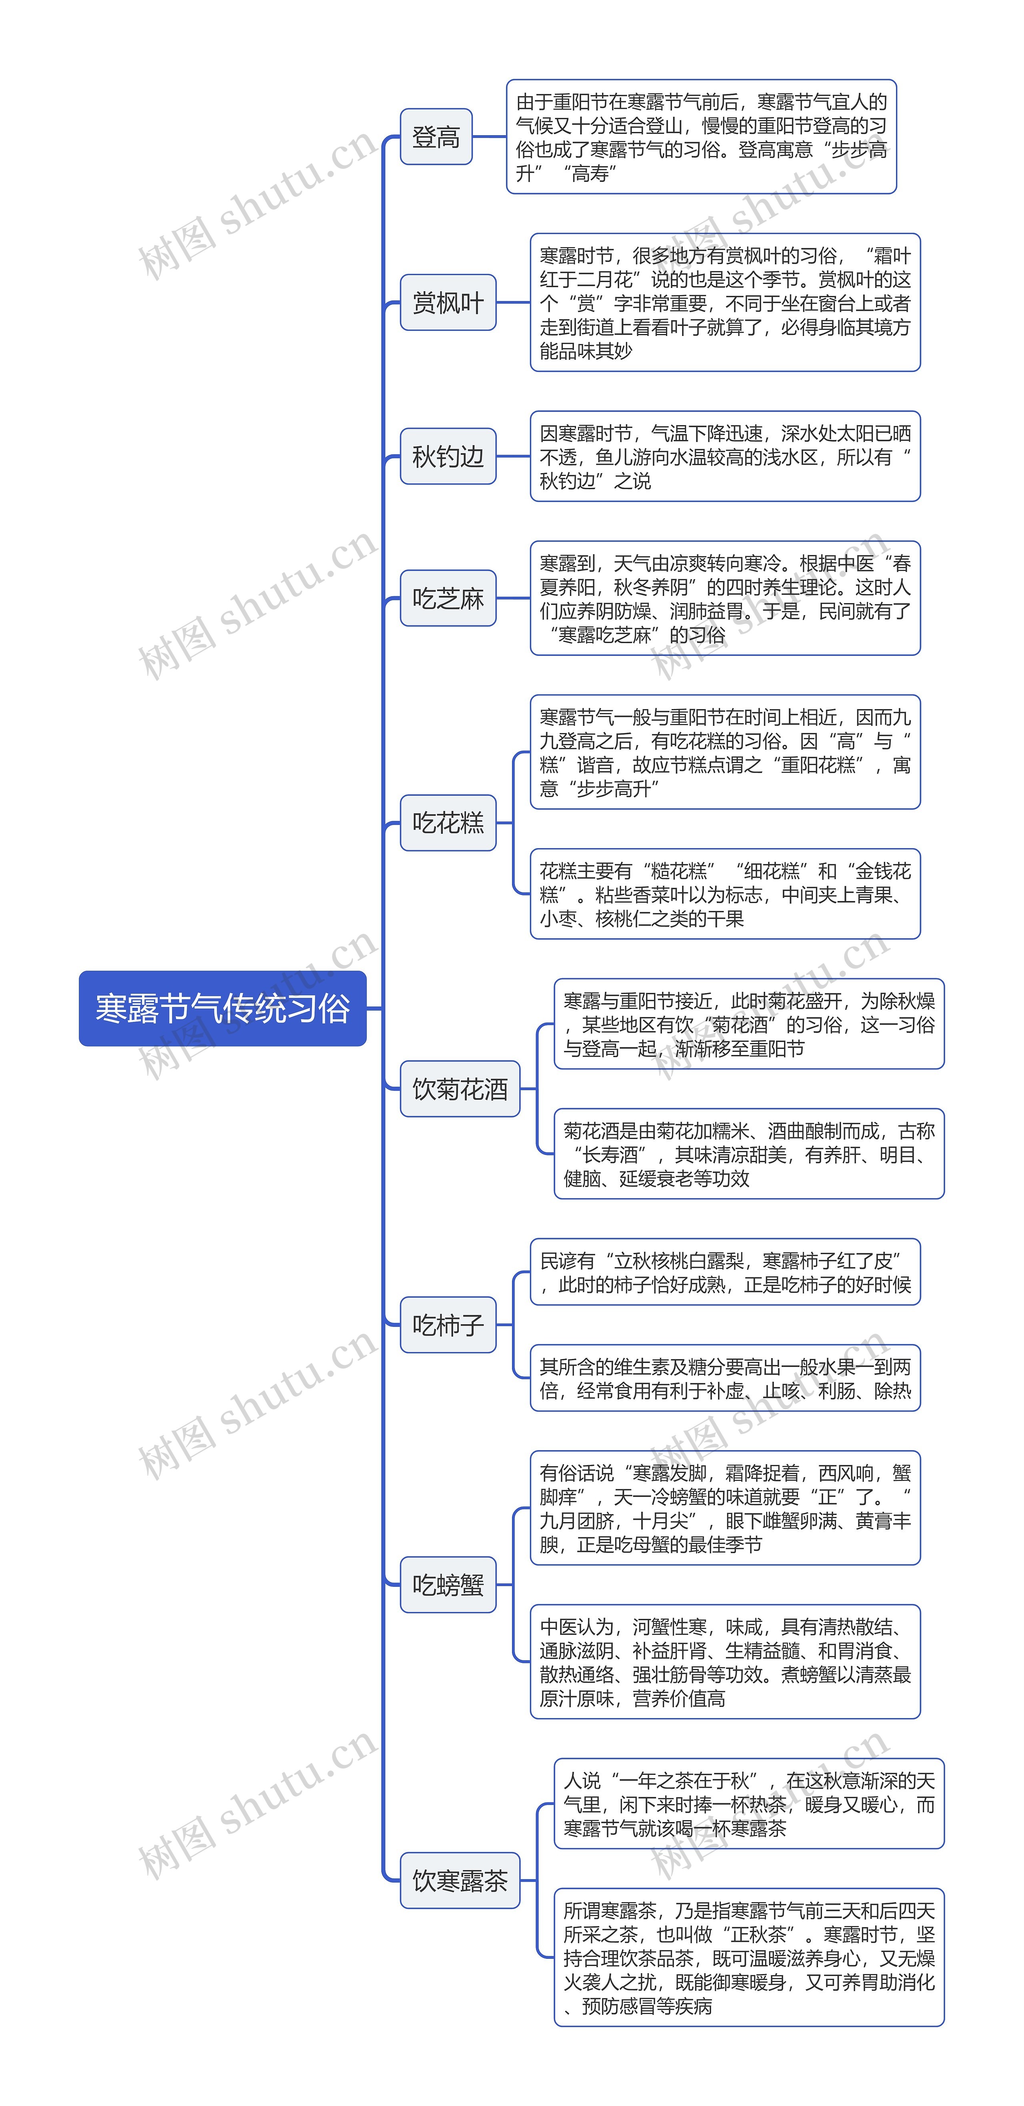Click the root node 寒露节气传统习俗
tap(222, 1008)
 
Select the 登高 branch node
tap(436, 136)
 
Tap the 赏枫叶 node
tap(448, 302)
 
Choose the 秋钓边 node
tap(448, 456)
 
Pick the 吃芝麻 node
tap(448, 598)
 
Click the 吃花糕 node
tap(448, 823)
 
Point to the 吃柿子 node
tap(448, 1325)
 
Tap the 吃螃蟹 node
tap(448, 1584)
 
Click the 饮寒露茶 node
tap(460, 1880)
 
